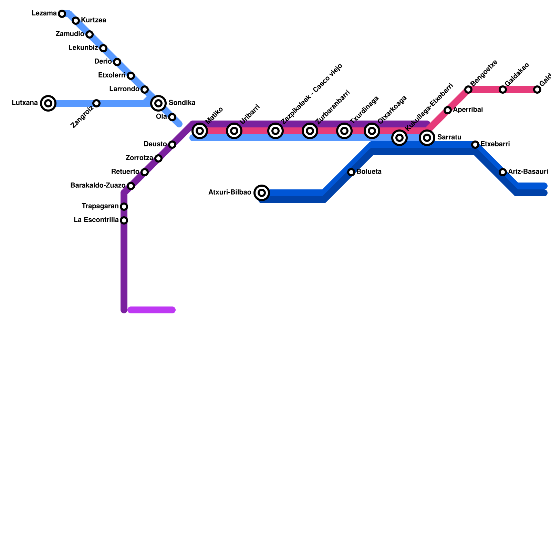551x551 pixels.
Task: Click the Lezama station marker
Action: pos(62,14)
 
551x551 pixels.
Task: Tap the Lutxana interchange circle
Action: pos(48,103)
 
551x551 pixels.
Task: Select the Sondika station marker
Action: pos(158,103)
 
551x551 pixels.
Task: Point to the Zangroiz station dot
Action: pos(96,103)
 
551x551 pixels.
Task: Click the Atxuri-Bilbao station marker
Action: pos(262,193)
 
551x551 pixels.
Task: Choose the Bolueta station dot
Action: pos(351,172)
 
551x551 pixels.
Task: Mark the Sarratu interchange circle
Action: pos(427,138)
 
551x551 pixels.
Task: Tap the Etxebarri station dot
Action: pos(475,145)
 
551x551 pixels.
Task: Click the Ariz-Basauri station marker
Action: pos(503,172)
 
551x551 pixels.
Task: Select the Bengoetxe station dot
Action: pos(468,90)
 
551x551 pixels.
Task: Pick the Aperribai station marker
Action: pos(448,110)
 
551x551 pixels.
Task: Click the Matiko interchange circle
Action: pos(200,131)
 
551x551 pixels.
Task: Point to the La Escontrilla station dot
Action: pos(124,220)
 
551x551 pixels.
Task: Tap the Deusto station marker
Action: pos(172,145)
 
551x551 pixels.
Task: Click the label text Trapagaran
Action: pos(100,206)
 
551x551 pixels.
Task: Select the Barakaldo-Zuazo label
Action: pos(97,186)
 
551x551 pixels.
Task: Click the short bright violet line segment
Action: pos(152,310)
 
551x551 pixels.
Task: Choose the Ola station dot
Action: pos(172,117)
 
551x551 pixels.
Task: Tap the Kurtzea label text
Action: pos(93,20)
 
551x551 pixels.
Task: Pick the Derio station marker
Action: pos(117,62)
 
